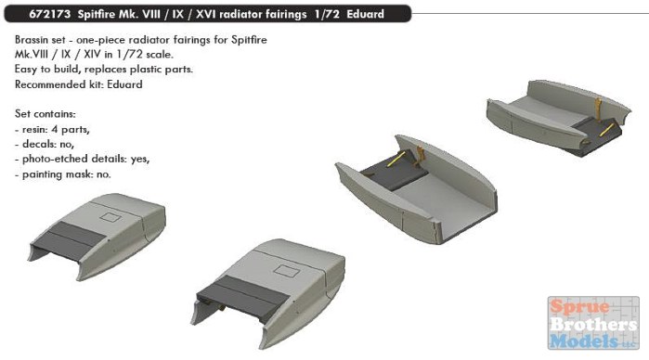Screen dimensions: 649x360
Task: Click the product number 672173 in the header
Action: (49, 14)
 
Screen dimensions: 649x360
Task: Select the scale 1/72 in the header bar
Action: (327, 14)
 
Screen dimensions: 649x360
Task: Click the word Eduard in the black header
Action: (366, 14)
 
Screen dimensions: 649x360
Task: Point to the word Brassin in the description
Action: (31, 40)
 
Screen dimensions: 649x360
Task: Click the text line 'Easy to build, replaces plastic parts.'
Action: (104, 69)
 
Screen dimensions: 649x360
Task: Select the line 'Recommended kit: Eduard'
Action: (79, 84)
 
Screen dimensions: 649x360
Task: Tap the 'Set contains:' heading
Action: (45, 114)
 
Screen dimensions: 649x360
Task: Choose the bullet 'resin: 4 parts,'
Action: (52, 130)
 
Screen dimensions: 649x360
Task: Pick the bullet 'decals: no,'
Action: (45, 144)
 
